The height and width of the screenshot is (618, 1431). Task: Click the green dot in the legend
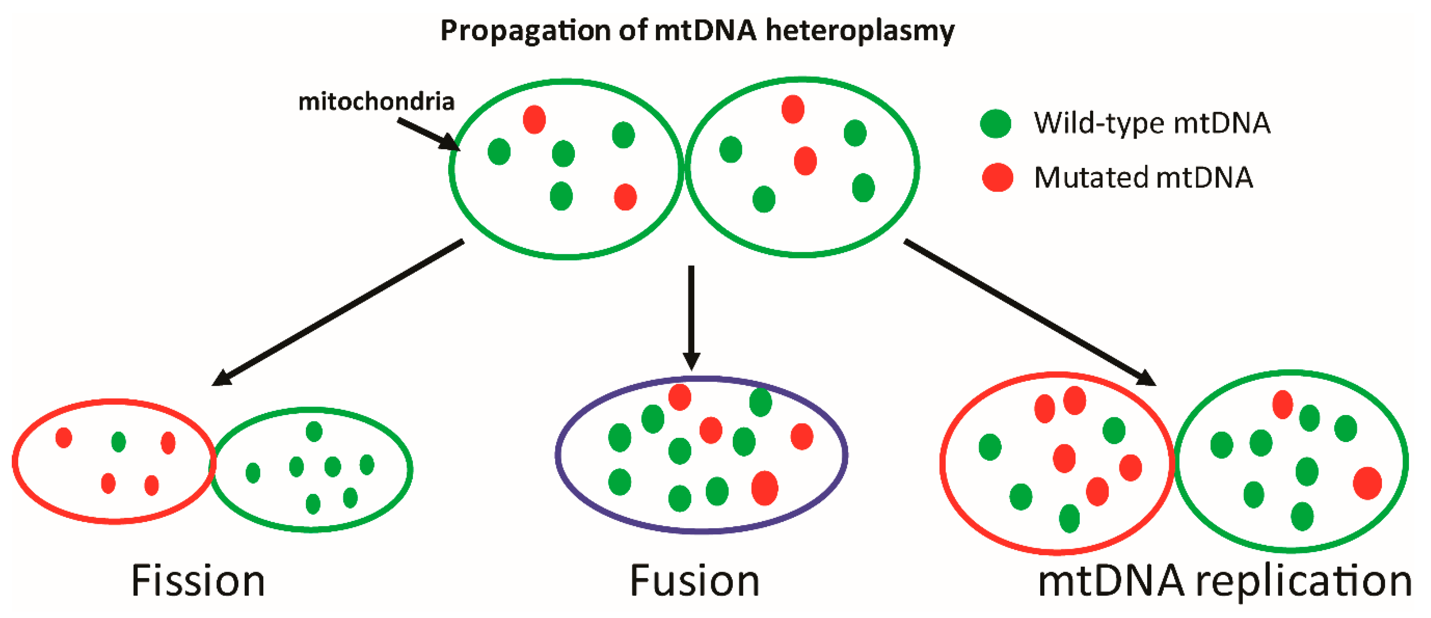[995, 123]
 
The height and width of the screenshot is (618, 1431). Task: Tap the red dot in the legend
[998, 178]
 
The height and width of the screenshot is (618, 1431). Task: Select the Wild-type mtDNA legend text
[1152, 123]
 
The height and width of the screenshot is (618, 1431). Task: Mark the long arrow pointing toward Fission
[339, 312]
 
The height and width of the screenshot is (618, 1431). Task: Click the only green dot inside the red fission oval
[118, 442]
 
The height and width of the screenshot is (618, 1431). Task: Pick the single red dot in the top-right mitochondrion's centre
[805, 161]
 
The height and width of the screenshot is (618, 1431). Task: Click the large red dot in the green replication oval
[1367, 483]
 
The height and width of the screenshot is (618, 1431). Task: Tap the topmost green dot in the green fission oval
[314, 431]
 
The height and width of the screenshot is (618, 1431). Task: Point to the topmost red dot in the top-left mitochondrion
[534, 120]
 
